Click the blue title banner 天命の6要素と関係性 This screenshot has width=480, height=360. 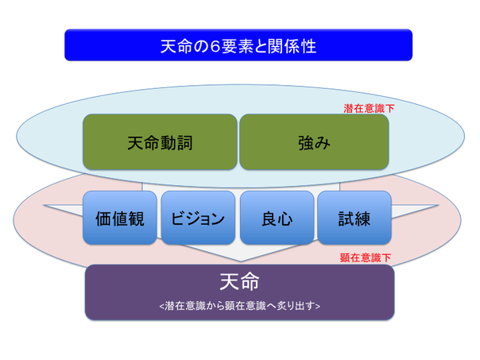[x=238, y=45]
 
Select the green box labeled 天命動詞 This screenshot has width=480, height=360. [x=160, y=141]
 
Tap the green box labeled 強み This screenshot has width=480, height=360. [x=314, y=141]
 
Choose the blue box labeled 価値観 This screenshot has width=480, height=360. [x=120, y=218]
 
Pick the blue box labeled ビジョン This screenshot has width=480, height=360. [x=198, y=218]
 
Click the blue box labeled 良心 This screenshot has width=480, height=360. [x=277, y=218]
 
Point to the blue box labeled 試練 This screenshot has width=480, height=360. [x=354, y=218]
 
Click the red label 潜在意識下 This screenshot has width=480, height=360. [x=369, y=108]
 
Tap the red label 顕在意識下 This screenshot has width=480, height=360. [x=366, y=257]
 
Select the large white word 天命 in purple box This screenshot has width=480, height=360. [x=239, y=281]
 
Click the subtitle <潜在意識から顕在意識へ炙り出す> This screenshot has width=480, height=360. [x=240, y=306]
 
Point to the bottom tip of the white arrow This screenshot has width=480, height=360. [x=241, y=261]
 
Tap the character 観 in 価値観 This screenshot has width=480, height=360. [x=136, y=219]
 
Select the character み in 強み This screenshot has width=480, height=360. [x=323, y=143]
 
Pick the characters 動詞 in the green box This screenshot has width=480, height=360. [x=176, y=143]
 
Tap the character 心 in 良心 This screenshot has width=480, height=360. [x=285, y=219]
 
